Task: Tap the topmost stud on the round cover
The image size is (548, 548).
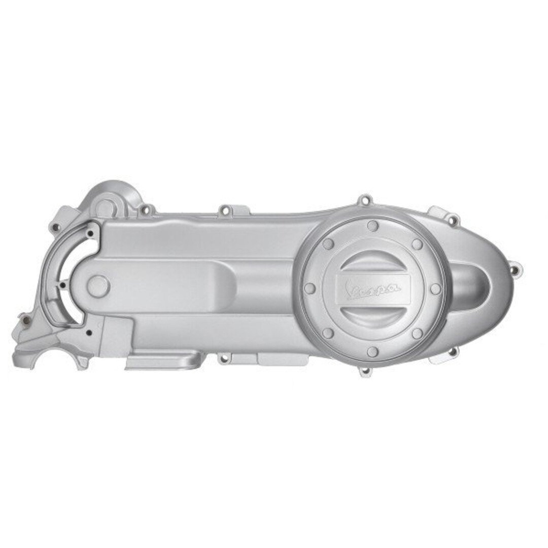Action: pos(373,225)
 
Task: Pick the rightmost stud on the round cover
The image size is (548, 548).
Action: pos(435,288)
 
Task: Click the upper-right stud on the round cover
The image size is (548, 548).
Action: pos(417,244)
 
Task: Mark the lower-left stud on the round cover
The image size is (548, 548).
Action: pos(328,333)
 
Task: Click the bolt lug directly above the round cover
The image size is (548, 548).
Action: pos(363,200)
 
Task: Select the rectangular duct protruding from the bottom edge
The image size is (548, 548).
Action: pos(162,361)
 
